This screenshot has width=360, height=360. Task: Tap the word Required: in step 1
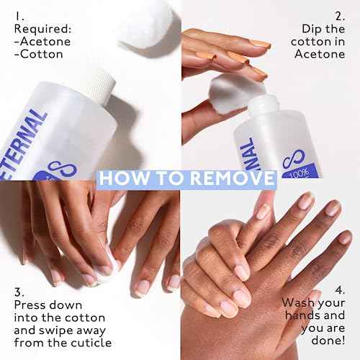pyautogui.click(x=41, y=31)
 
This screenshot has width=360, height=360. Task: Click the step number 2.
pyautogui.click(x=341, y=15)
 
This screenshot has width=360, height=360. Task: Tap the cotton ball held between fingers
pyautogui.click(x=229, y=91)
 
